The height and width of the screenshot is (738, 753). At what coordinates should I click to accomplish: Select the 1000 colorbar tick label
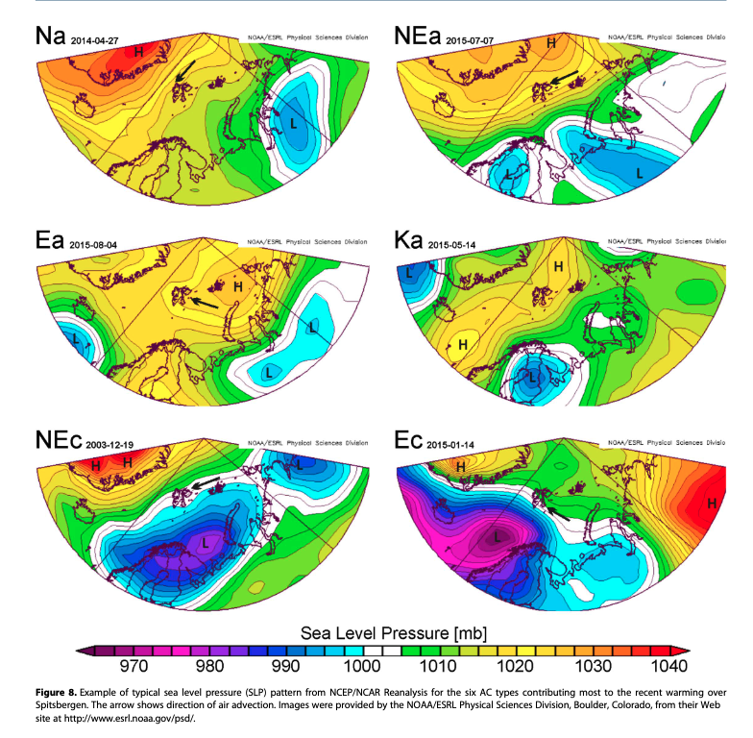click(x=364, y=667)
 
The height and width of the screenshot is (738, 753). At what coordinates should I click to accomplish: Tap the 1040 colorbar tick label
click(x=671, y=667)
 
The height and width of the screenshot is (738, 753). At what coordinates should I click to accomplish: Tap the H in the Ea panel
click(x=236, y=285)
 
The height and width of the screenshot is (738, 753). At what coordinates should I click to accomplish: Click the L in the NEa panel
click(x=639, y=172)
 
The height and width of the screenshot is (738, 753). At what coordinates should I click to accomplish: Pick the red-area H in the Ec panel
click(x=712, y=503)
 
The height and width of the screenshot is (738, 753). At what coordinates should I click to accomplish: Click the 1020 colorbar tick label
click(x=518, y=667)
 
